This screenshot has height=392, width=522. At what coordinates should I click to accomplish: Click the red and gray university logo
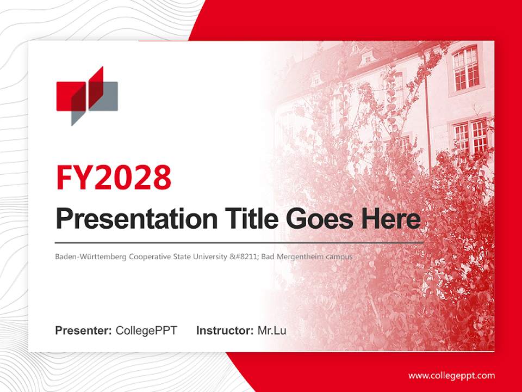tap(87, 96)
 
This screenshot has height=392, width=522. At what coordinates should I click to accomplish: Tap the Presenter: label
tap(83, 330)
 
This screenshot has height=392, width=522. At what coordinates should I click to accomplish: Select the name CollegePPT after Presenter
tap(146, 330)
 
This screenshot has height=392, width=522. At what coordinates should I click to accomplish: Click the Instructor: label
tap(225, 330)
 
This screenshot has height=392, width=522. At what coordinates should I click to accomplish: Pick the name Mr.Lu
tap(272, 330)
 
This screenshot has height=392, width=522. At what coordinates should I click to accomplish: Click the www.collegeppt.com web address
tap(451, 375)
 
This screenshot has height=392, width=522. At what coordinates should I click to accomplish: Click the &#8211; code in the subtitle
tap(244, 256)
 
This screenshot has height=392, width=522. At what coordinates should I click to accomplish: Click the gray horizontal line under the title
tap(239, 242)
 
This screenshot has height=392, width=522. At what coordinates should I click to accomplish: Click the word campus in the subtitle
tap(340, 256)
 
